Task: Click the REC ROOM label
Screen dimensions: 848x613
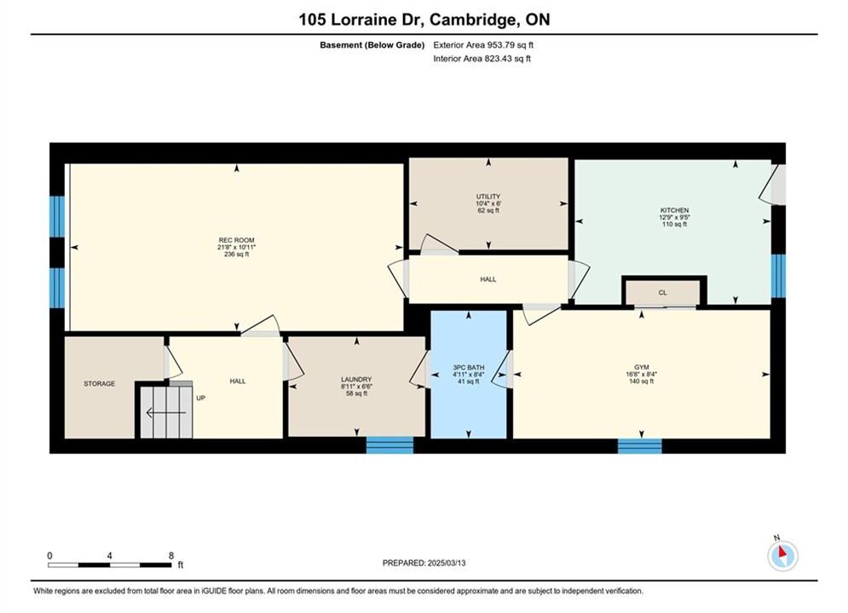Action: coord(236,240)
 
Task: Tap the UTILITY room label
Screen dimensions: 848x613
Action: coord(488,197)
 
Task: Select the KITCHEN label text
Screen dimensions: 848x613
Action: coord(674,210)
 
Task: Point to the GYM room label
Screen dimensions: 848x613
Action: coord(642,367)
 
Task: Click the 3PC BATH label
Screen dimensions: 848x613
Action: coord(469,367)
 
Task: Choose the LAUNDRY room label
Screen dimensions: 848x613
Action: coord(356,380)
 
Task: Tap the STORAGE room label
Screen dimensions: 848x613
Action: coord(100,383)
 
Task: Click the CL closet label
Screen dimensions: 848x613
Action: coord(662,292)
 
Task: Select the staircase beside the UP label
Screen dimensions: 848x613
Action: coord(166,410)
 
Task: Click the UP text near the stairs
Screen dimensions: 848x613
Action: coord(200,398)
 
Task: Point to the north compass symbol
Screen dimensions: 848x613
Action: coord(782,555)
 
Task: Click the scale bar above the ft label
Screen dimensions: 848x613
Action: coord(110,565)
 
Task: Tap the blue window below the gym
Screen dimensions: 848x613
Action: coord(640,446)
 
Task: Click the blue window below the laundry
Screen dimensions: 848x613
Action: coord(390,445)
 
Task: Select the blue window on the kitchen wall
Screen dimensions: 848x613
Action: coord(778,276)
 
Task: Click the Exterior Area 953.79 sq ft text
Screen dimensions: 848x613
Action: coord(483,45)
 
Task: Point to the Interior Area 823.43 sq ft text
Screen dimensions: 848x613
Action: coord(482,59)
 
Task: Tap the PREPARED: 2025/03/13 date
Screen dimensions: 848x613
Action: coord(424,563)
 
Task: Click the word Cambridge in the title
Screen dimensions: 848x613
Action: coord(471,20)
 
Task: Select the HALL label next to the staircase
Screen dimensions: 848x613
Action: coord(238,381)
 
